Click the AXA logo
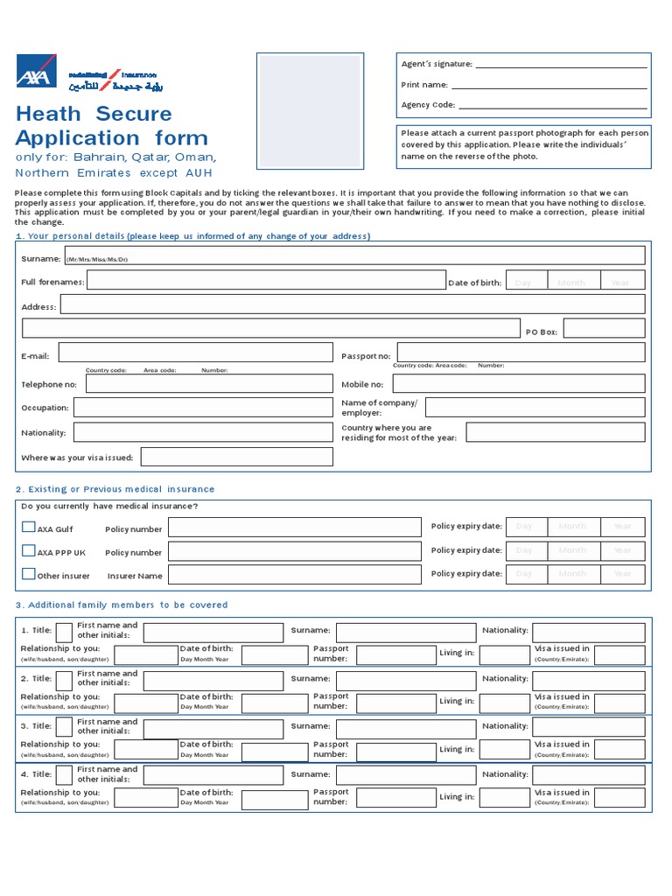tap(36, 71)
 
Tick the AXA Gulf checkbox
tap(29, 528)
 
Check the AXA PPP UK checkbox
tap(29, 551)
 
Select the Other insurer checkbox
tap(29, 574)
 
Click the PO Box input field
tap(604, 329)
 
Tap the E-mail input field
tap(195, 353)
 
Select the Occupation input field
tap(203, 407)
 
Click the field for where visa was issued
tap(236, 457)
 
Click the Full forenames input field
tap(266, 280)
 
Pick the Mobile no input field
tap(518, 383)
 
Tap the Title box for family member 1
tap(64, 632)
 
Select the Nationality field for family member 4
tap(588, 775)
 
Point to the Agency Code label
tap(428, 105)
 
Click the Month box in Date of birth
tap(572, 281)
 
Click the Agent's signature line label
tap(436, 64)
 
